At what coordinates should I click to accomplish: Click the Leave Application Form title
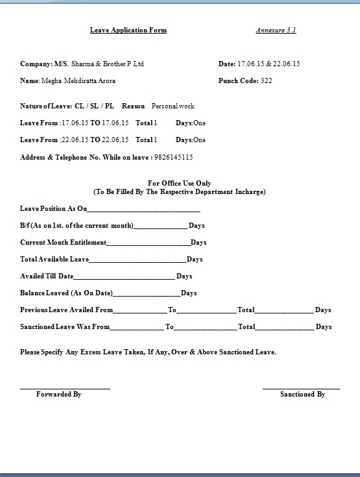[x=128, y=31]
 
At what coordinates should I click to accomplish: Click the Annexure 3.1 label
[x=276, y=31]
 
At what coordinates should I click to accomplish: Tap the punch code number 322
[x=266, y=81]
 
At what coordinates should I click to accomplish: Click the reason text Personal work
[x=173, y=106]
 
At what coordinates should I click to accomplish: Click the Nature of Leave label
[x=42, y=106]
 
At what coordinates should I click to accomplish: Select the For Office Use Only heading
[x=180, y=184]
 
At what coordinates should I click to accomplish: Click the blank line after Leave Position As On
[x=143, y=210]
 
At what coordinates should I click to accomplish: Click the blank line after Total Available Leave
[x=138, y=260]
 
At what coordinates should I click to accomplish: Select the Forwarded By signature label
[x=58, y=394]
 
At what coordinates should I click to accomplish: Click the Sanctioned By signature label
[x=302, y=394]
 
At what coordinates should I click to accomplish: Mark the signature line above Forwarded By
[x=65, y=388]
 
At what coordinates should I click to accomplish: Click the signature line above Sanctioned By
[x=301, y=388]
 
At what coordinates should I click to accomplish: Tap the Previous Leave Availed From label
[x=66, y=310]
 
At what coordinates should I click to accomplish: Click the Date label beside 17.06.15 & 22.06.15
[x=227, y=64]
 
